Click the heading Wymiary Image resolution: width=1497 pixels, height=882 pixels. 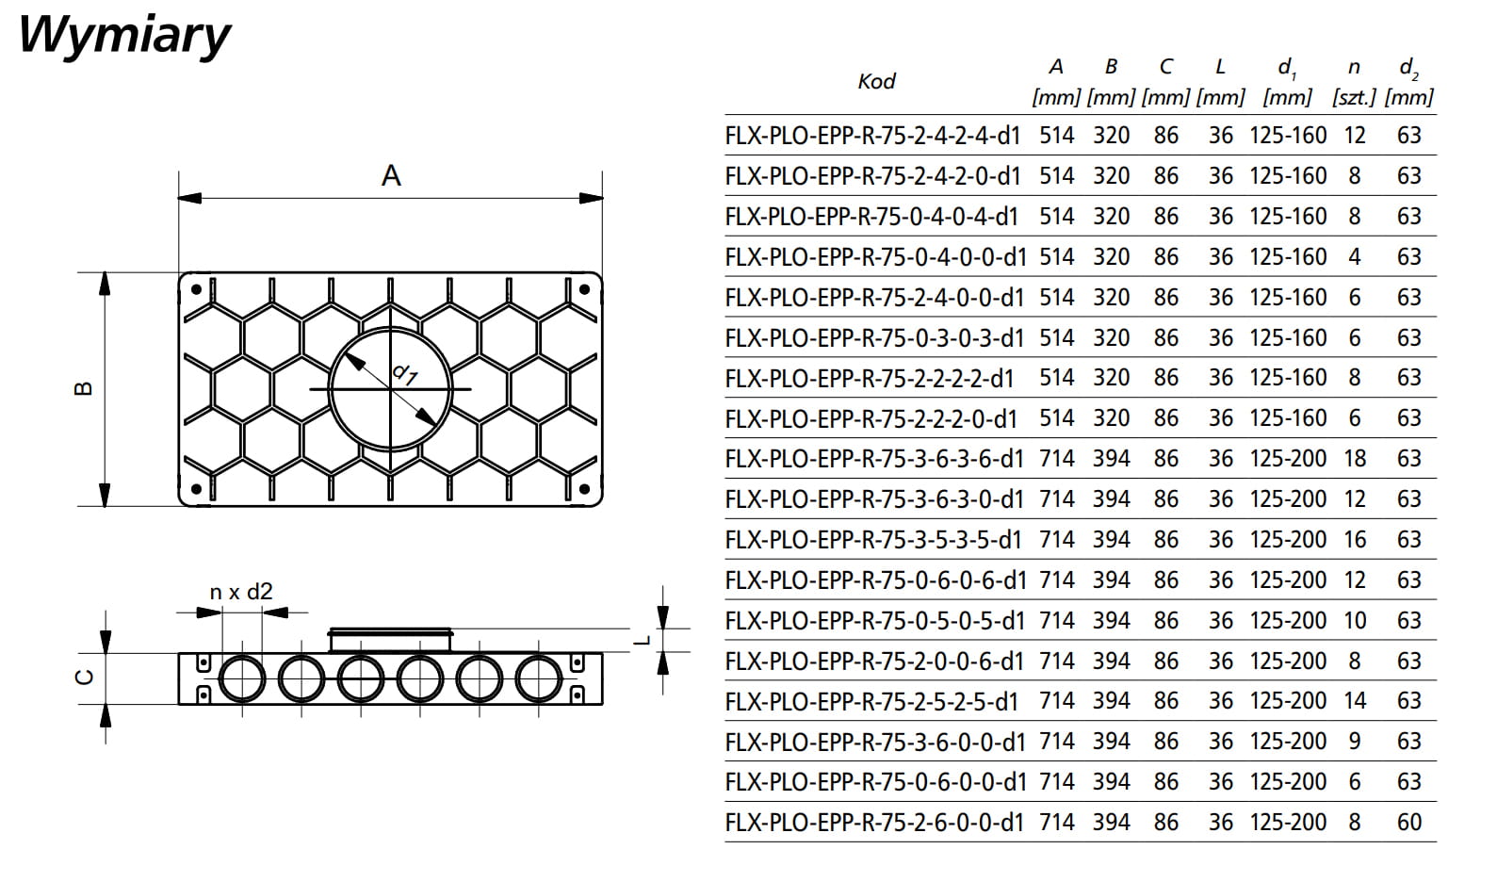123,35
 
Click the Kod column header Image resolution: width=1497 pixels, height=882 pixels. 876,82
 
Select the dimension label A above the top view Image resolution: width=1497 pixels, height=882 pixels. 391,175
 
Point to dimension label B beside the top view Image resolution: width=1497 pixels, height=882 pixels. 84,388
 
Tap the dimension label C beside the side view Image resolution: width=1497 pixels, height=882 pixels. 84,677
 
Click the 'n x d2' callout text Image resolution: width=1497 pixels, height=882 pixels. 241,592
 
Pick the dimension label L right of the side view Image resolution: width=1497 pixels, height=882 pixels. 643,641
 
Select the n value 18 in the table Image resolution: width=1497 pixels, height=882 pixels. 1355,459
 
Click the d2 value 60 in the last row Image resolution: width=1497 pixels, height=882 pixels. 1408,823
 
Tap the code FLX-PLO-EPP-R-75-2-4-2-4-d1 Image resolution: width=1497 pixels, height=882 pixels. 872,136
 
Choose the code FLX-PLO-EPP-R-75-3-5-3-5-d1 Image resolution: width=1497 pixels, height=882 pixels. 872,540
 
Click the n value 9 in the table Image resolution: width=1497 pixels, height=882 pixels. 1355,742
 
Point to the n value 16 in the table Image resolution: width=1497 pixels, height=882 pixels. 1355,540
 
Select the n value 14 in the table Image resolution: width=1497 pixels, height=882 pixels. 1355,701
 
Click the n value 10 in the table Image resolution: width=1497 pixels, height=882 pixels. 1355,621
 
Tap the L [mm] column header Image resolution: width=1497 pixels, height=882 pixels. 1220,81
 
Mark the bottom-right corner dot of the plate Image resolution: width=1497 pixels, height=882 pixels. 584,489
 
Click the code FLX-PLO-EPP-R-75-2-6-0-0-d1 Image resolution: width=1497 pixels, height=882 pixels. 873,823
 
